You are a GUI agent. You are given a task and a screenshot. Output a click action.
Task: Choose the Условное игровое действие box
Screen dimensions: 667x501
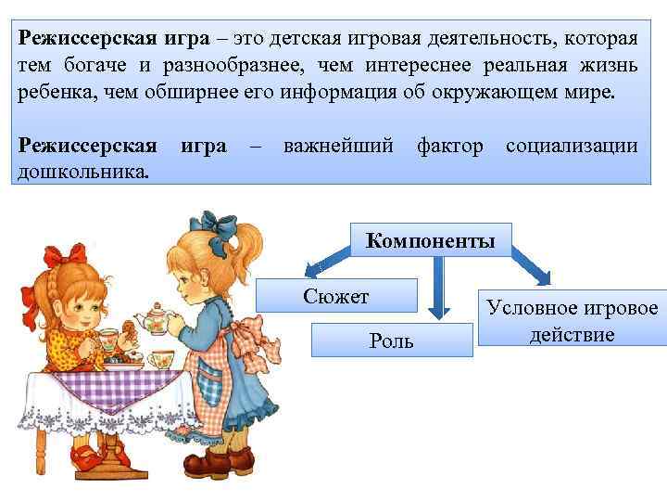click(x=572, y=321)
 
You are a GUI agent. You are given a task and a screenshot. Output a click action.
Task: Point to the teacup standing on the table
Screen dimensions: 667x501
click(x=158, y=358)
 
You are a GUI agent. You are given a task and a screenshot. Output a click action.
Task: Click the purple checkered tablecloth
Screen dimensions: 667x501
click(x=111, y=382)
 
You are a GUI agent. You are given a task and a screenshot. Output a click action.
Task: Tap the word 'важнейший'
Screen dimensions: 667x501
click(x=338, y=147)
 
